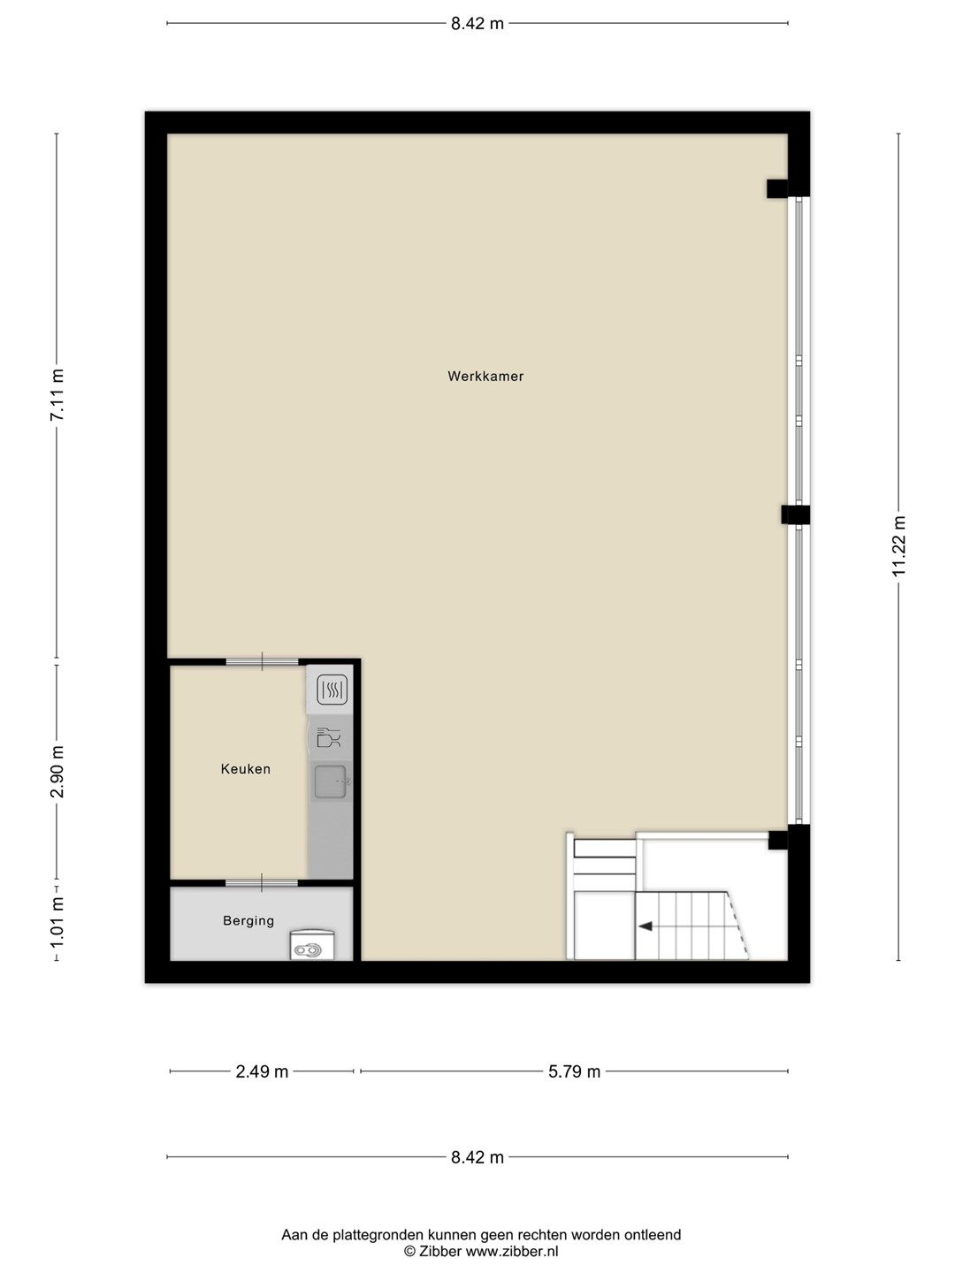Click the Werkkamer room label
[485, 377]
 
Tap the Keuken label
[245, 769]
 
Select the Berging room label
[248, 920]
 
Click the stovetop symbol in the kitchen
[332, 690]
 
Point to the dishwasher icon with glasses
[329, 737]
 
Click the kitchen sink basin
[331, 781]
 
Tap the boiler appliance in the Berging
[312, 945]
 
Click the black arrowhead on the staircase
[646, 926]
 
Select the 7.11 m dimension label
[57, 395]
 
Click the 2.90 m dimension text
[57, 772]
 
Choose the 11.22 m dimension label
[898, 545]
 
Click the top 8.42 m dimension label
[477, 24]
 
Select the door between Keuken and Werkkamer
[262, 662]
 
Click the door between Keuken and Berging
[262, 882]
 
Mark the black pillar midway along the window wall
[795, 515]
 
